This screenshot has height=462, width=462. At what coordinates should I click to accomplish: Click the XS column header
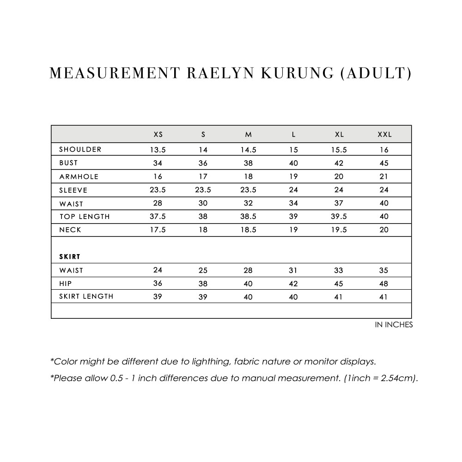[158, 135]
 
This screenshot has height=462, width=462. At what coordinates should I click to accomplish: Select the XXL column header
[384, 135]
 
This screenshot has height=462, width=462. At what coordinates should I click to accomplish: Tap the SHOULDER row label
[80, 149]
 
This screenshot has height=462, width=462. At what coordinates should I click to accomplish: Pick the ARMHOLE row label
[79, 176]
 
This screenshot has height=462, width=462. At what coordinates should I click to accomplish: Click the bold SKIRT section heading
[70, 256]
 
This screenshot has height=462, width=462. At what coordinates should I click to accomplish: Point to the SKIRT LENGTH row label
[86, 297]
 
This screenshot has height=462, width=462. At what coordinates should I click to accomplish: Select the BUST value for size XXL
[384, 163]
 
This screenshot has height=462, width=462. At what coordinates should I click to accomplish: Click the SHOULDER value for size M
[248, 150]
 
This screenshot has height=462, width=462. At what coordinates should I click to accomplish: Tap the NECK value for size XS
[158, 230]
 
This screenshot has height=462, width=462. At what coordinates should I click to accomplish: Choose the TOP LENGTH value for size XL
[339, 217]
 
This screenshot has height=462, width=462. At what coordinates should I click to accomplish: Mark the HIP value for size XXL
[384, 284]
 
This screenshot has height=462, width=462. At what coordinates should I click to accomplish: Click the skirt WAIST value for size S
[203, 270]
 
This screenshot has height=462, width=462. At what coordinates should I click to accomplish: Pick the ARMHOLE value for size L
[293, 176]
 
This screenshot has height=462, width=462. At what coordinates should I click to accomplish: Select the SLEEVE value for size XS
[158, 190]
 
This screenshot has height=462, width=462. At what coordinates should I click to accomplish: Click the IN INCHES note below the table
[394, 325]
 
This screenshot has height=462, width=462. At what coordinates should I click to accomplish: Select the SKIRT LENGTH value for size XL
[339, 297]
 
